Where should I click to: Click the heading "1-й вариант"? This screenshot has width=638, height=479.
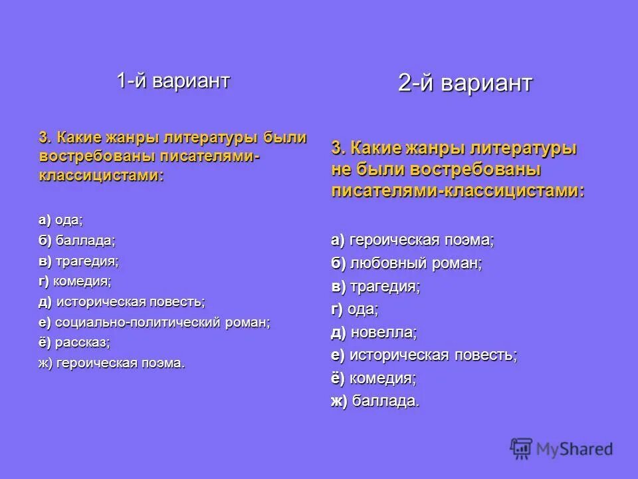173,81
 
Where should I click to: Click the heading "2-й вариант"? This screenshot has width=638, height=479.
465,83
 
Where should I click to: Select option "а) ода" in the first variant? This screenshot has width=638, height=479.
60,220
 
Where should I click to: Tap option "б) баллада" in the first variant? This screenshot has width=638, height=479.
76,241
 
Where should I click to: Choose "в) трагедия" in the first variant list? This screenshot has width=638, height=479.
78,261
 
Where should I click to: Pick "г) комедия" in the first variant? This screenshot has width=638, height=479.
74,281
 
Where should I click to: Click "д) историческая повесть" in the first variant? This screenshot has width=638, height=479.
122,302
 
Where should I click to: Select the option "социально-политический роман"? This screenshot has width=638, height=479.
154,323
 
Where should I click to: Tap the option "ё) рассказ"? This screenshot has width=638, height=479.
74,343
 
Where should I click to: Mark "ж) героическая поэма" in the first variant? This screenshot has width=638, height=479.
112,363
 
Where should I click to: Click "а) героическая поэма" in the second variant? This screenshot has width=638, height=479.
413,240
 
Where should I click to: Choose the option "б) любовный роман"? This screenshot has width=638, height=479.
406,264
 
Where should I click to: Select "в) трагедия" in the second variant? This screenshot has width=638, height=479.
375,287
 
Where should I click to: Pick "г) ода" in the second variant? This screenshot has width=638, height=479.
354,309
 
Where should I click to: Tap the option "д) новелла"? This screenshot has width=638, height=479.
373,332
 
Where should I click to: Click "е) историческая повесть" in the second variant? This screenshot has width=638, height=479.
423,355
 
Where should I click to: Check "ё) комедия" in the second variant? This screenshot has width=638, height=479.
373,378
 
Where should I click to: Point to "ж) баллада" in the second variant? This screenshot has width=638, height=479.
375,400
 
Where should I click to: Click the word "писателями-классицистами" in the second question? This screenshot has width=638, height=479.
457,191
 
